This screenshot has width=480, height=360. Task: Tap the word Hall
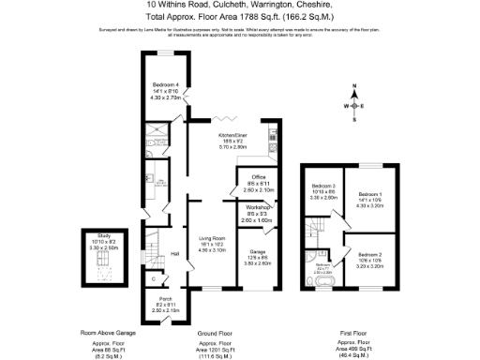click(174, 254)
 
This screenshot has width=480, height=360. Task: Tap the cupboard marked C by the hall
click(152, 279)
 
